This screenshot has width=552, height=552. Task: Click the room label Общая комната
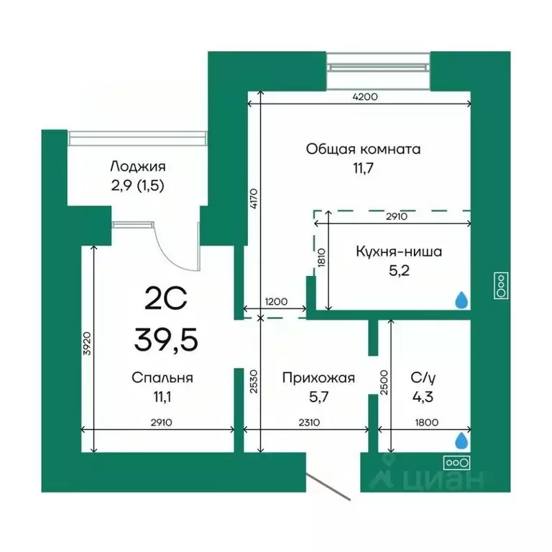[363, 149]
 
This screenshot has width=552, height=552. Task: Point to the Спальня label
[162, 377]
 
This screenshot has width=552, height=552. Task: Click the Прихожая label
[318, 377]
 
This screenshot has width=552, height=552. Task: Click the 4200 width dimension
[364, 96]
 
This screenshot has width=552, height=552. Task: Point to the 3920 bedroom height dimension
[87, 347]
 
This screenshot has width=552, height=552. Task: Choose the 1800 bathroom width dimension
[428, 423]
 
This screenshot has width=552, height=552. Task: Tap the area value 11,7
[363, 169]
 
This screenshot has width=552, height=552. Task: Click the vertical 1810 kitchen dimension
[322, 257]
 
